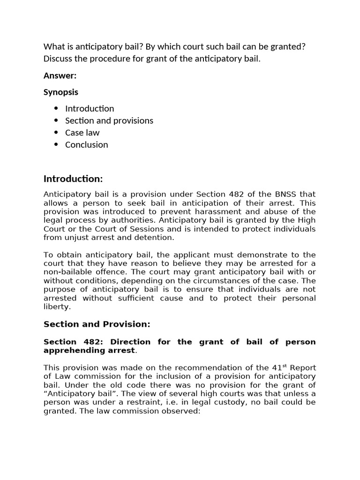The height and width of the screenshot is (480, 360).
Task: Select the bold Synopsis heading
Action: click(x=61, y=92)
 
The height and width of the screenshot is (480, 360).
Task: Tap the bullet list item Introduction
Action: click(x=90, y=108)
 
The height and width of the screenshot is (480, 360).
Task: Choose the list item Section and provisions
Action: click(x=109, y=120)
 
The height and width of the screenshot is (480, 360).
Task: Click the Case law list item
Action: click(x=82, y=133)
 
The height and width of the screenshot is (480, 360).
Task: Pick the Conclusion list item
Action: click(x=87, y=145)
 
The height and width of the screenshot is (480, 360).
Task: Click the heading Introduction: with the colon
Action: click(x=73, y=179)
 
